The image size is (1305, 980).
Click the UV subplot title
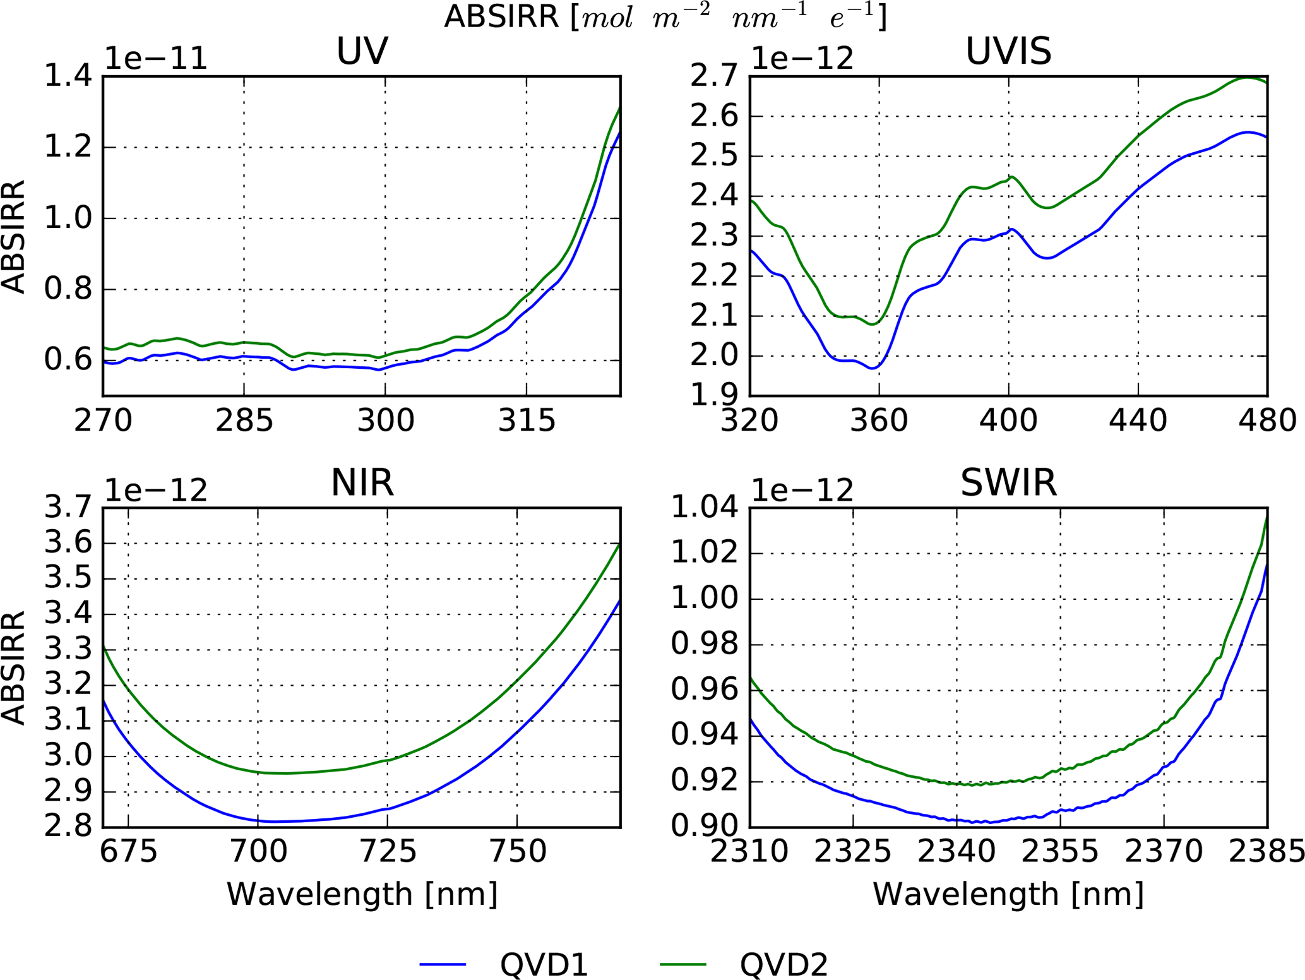362,51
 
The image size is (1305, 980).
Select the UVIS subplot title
1008,51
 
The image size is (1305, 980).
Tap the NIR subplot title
362,483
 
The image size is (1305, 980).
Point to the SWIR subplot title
1008,483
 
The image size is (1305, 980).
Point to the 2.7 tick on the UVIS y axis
714,76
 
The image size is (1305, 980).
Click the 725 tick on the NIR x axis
388,852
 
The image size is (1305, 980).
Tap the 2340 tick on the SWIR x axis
956,852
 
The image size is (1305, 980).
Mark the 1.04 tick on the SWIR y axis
704,507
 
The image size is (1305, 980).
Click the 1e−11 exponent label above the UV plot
155,59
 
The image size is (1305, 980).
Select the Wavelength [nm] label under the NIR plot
362,894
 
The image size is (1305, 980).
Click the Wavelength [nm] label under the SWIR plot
1008,894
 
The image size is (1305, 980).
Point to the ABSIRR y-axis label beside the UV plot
14,236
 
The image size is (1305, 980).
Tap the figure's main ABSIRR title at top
665,17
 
